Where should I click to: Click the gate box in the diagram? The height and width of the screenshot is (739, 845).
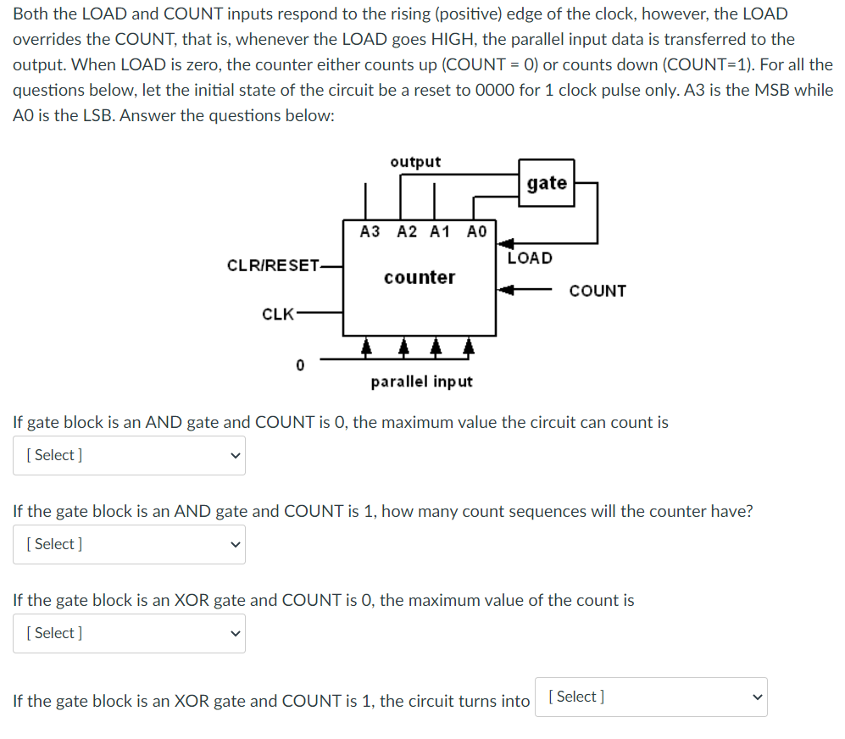547,183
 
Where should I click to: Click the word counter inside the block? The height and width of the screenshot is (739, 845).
419,277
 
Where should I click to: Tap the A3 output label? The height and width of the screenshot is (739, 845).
370,231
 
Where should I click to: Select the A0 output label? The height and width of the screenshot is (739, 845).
477,231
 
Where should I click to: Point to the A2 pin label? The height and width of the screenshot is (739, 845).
407,231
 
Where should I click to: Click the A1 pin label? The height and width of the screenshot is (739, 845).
440,231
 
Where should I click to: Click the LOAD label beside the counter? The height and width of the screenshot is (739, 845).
530,258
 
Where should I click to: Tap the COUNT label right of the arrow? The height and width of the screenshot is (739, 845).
598,291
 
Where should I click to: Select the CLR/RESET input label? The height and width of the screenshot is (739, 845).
273,265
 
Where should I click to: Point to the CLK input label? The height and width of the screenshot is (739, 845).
277,314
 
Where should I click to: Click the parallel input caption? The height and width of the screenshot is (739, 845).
421,381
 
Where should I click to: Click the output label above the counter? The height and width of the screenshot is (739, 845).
415,162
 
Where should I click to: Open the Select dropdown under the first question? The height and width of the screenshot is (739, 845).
129,455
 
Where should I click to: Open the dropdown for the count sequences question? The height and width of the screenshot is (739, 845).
129,544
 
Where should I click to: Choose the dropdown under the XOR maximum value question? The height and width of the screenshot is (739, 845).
129,633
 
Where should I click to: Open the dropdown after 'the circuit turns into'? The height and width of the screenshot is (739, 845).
651,697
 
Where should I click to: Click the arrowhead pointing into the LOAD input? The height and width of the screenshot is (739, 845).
503,245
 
